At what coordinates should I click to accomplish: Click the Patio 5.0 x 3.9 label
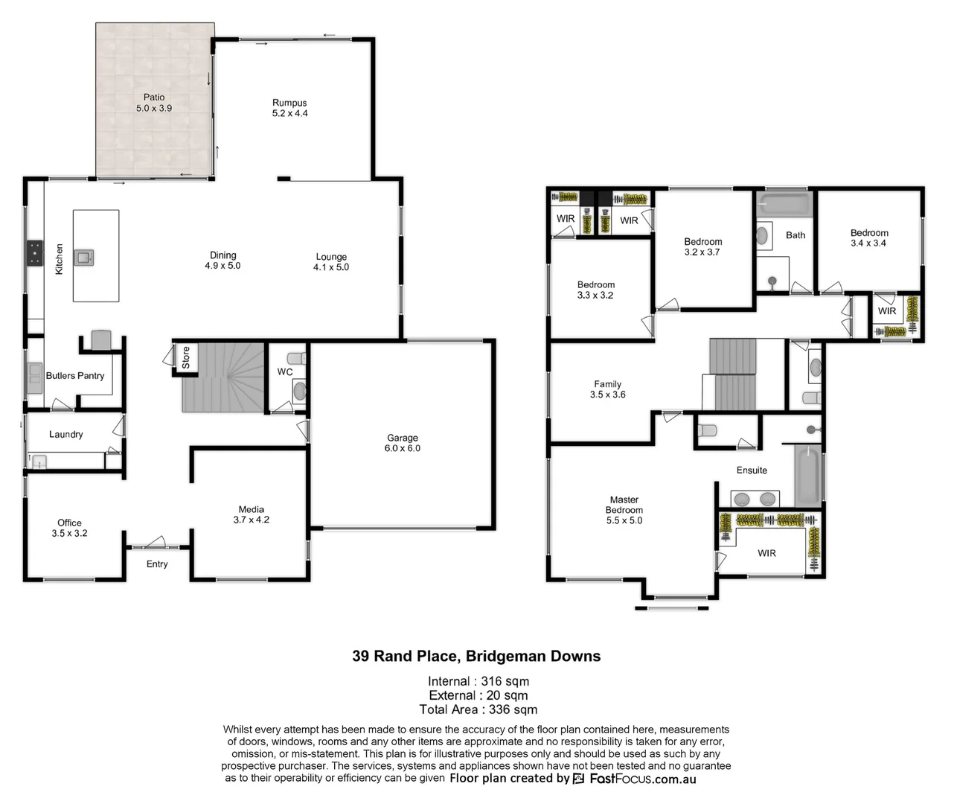[154, 103]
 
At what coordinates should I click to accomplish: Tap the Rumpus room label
[289, 108]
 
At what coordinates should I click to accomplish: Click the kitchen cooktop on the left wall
[34, 253]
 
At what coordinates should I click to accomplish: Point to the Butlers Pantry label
[75, 376]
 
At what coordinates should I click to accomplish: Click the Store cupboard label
[186, 357]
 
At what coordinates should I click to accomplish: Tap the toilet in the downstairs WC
[299, 390]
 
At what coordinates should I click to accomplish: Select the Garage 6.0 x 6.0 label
[403, 443]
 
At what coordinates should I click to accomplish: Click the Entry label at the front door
[157, 564]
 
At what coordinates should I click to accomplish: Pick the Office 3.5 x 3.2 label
[70, 528]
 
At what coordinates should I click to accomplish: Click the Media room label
[252, 514]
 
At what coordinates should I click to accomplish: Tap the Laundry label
[66, 435]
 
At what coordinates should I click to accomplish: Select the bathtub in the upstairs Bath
[784, 204]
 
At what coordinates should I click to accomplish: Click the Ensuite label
[752, 470]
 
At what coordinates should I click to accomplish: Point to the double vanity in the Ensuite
[755, 499]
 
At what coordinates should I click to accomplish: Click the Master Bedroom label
[624, 510]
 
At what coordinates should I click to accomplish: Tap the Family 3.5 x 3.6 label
[608, 389]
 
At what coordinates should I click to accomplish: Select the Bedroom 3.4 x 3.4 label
[869, 237]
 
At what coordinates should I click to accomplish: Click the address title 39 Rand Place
[476, 657]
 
